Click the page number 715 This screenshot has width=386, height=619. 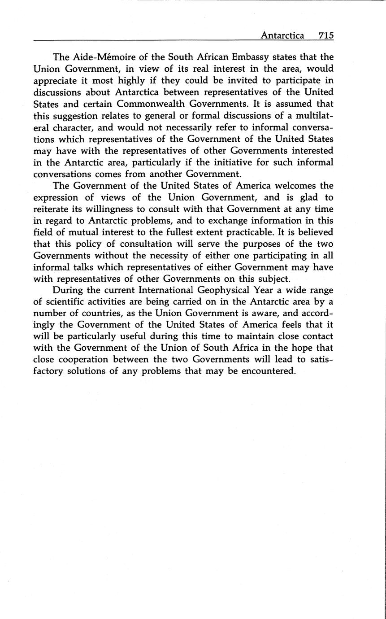pos(326,35)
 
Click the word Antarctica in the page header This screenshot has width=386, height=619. pos(282,35)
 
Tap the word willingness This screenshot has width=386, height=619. pos(114,209)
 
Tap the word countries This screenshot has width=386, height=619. pos(85,314)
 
